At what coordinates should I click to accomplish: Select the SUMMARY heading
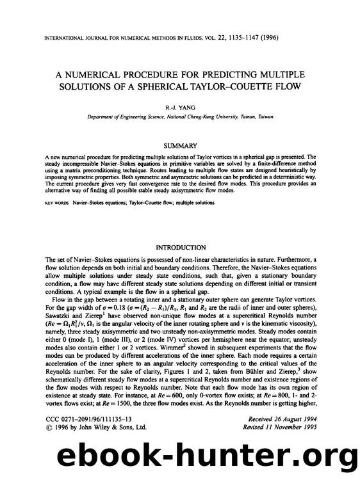(180, 147)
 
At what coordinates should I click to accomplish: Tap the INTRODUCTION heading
(180, 248)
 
